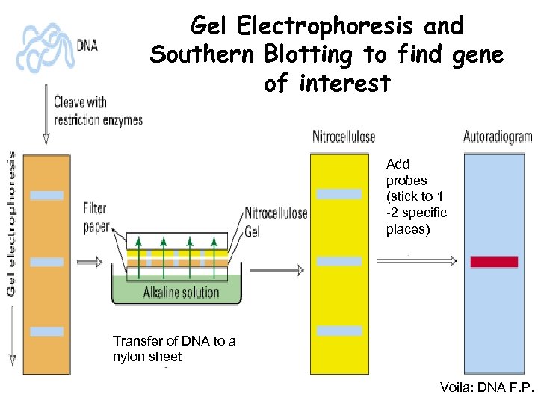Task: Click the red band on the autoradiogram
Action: click(x=494, y=262)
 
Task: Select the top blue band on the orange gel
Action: click(x=46, y=195)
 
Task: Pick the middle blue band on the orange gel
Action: click(x=46, y=262)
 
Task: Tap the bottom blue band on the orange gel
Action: click(x=46, y=331)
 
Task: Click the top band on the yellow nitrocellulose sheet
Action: click(x=338, y=194)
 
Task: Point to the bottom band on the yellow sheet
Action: click(x=338, y=331)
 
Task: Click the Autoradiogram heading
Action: click(x=498, y=137)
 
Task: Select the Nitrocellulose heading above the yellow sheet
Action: click(x=344, y=137)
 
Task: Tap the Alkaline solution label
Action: click(x=181, y=292)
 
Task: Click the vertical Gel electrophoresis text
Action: click(x=12, y=224)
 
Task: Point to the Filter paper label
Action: click(x=96, y=216)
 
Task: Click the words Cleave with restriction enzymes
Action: click(x=97, y=110)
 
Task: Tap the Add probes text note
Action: click(x=415, y=196)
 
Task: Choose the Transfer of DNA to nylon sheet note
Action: click(x=173, y=349)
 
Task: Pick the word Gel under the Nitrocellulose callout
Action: click(x=253, y=231)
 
